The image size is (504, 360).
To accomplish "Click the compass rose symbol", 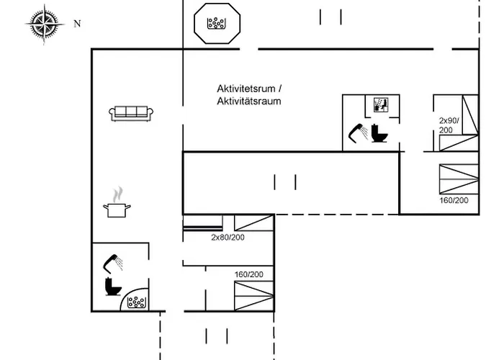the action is [45, 24].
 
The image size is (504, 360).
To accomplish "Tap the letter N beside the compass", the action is [77, 24].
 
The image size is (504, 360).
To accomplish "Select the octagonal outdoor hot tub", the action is [217, 23].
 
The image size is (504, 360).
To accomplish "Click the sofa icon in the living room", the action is [131, 114].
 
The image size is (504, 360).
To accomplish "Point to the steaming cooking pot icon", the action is [117, 202].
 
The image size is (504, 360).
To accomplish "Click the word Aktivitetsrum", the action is [246, 89].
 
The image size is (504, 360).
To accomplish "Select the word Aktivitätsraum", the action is [249, 102].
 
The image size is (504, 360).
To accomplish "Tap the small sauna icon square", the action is [381, 105].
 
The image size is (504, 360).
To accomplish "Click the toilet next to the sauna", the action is [379, 132].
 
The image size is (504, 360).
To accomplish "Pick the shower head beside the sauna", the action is [358, 132].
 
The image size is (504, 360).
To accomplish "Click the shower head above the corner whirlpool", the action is [112, 264].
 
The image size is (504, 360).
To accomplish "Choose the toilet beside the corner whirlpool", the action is [113, 287].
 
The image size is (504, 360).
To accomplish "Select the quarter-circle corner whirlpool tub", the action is [135, 300].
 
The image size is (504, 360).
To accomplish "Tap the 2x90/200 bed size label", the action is [449, 125].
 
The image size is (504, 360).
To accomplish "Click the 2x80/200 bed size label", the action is [228, 237].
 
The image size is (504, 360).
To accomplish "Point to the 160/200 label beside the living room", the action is [249, 274].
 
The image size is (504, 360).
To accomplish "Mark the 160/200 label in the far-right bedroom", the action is [454, 200].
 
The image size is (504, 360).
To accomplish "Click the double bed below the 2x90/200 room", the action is [459, 179].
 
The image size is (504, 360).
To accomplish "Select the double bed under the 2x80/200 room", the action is [254, 296].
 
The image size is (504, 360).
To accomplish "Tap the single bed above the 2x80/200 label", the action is [254, 222].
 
